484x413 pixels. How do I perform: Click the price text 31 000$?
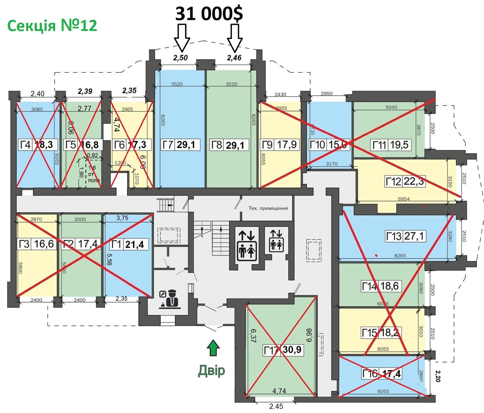click(209, 14)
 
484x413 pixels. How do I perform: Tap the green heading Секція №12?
click(52, 25)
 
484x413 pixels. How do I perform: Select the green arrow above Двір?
click(213, 348)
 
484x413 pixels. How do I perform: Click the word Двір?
click(211, 370)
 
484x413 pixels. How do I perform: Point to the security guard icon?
click(170, 299)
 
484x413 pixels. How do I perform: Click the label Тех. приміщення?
click(268, 208)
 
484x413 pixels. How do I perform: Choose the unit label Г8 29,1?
click(229, 145)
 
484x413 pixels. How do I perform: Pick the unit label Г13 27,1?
click(405, 236)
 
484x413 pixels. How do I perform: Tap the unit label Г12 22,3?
click(405, 181)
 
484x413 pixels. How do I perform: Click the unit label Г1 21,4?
click(129, 244)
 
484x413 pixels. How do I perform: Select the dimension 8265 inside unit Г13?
click(400, 256)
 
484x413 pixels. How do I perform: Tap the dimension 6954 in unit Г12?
click(404, 199)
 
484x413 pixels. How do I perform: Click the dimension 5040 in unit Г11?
click(391, 107)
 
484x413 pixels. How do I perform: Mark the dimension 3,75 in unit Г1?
click(122, 218)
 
